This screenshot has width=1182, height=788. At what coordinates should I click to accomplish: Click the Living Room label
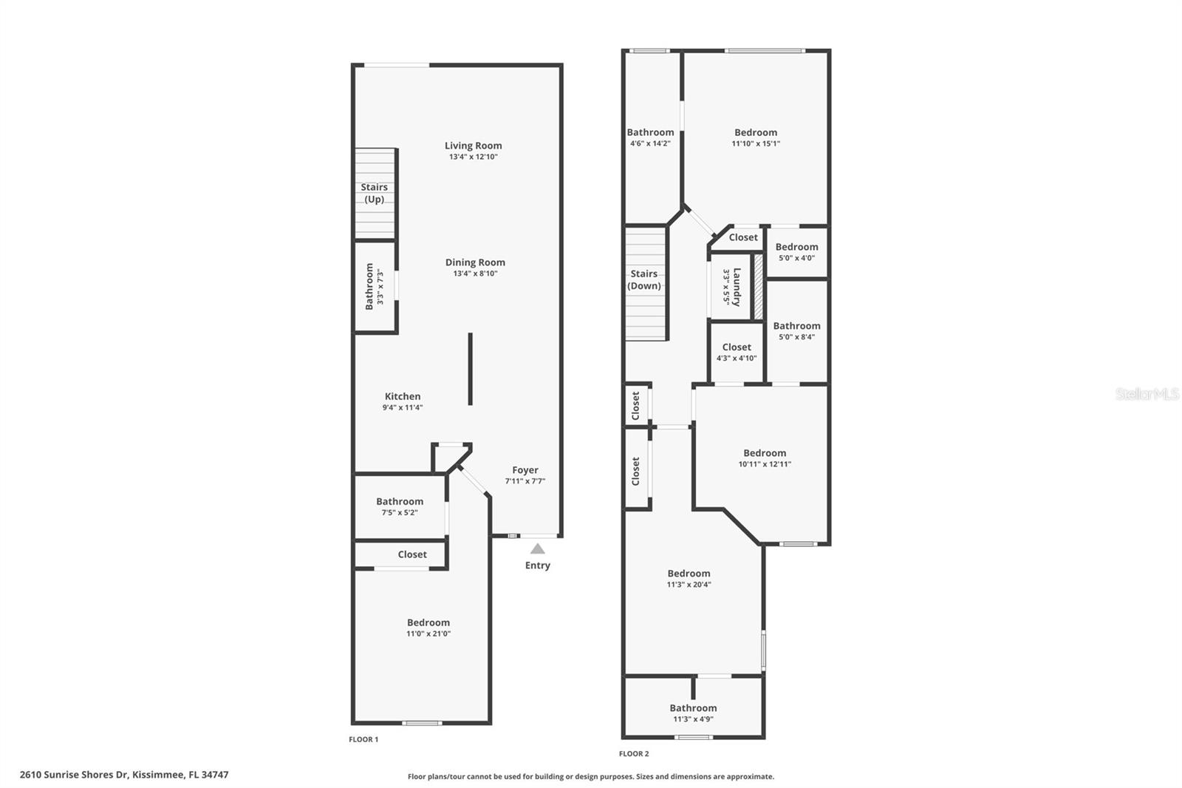pos(473,146)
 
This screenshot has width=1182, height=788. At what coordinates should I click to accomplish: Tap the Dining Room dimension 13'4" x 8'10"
pos(475,274)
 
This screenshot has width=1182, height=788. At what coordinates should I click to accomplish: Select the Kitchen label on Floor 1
pos(403,396)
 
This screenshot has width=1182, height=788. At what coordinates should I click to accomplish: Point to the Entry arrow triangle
pos(538,548)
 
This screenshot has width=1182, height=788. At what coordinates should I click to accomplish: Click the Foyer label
pos(525,470)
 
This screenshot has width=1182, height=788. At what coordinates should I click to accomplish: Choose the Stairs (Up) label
pos(375,193)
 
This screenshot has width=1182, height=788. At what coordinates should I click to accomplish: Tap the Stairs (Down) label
pos(644,279)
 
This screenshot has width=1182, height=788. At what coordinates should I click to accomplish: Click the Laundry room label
pos(737,287)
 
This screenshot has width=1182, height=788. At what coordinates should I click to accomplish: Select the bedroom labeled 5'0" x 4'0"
pos(796,247)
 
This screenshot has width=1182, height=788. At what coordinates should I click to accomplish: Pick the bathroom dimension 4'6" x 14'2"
pos(650,143)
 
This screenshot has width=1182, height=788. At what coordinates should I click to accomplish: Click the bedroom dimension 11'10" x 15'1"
pos(756,143)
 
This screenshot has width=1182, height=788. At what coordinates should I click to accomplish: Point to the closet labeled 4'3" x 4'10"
pos(737,347)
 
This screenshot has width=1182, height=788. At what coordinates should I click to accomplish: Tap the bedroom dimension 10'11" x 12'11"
pos(765,464)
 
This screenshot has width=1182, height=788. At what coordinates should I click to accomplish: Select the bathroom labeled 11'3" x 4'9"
pos(693,708)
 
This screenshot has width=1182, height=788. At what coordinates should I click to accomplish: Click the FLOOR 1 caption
pos(363,739)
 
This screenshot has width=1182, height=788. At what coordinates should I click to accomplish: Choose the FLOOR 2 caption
pos(634,754)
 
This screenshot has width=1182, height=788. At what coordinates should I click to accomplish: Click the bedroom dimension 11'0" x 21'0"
pos(428,634)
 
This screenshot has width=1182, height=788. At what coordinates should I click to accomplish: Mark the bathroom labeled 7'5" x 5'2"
pos(400,502)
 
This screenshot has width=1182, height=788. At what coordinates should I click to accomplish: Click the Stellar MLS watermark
pos(1147,394)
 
